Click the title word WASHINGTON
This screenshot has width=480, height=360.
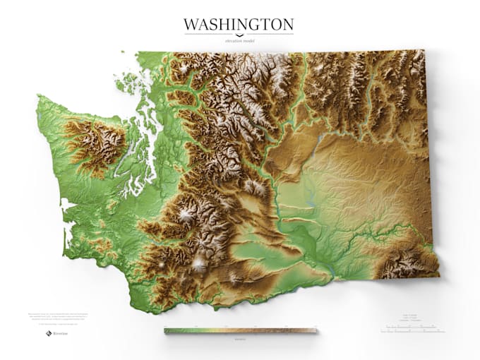pos(239,25)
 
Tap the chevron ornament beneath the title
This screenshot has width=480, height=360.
pos(239,35)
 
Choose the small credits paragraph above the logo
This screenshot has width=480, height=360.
pos(53,318)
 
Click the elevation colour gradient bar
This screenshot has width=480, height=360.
pos(240,330)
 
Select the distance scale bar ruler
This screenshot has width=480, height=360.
pos(413,329)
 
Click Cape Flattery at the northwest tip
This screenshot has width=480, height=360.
pos(38,98)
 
